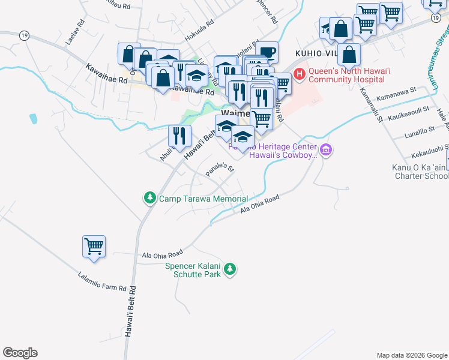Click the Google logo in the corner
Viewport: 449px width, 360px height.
tap(20, 353)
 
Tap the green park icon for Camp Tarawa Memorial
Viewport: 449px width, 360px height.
tap(149, 198)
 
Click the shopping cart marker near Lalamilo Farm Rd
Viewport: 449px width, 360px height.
tap(94, 247)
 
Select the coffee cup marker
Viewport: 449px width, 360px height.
tap(267, 52)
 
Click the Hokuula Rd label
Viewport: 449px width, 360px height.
tap(200, 32)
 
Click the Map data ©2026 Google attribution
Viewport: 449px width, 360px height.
tap(411, 355)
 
